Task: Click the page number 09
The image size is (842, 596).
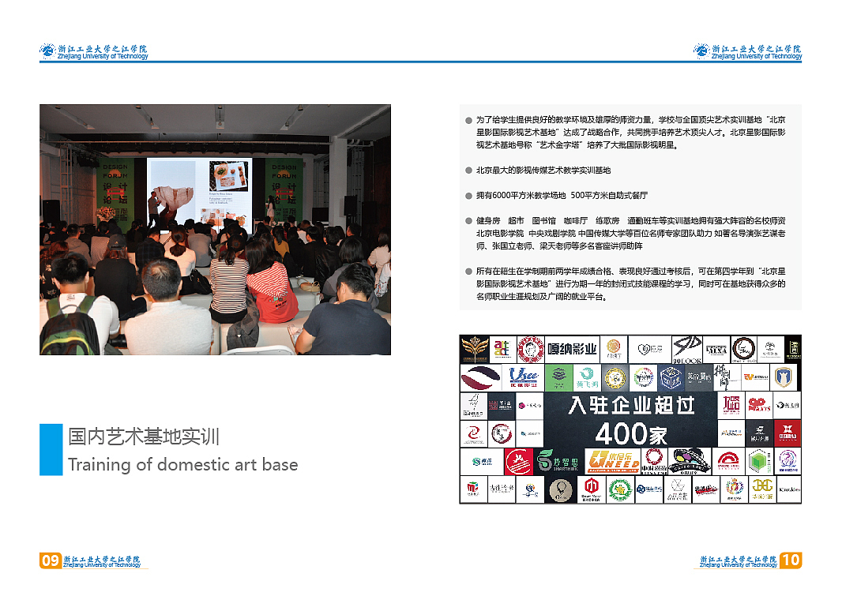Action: click(x=50, y=560)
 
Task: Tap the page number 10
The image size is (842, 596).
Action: click(x=791, y=560)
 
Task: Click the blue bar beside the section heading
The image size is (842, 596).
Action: click(x=51, y=449)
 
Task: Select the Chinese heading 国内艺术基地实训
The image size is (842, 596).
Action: click(x=144, y=437)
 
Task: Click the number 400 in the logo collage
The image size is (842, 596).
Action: click(x=621, y=433)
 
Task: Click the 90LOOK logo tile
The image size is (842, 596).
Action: click(x=687, y=349)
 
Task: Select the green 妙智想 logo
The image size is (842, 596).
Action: click(x=557, y=460)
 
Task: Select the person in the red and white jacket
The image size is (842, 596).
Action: click(x=269, y=289)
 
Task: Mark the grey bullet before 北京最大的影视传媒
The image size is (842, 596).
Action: click(x=468, y=171)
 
